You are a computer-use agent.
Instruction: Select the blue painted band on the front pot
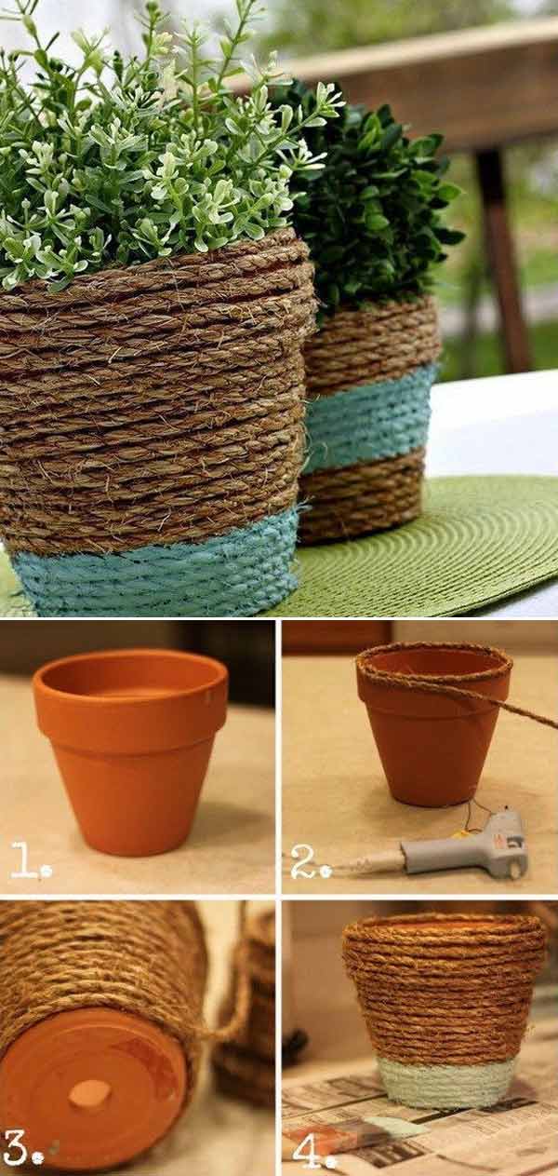[x=153, y=564]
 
